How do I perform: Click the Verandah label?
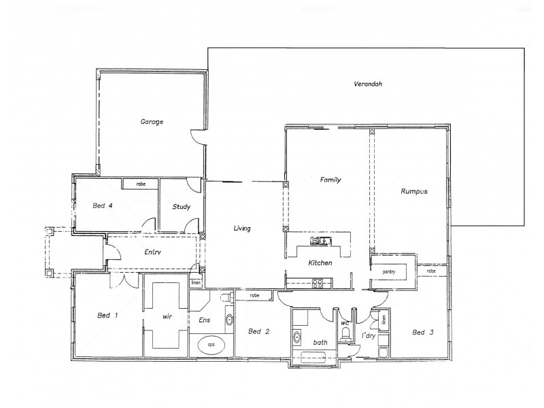[x=368, y=84]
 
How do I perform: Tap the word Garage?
[x=152, y=122]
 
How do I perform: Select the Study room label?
[x=181, y=207]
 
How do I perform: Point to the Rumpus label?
[x=414, y=192]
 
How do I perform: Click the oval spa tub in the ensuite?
[x=211, y=345]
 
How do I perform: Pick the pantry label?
[x=389, y=271]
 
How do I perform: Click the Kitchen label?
[x=320, y=262]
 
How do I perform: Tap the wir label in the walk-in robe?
[x=165, y=316]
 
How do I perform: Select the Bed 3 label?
[x=422, y=333]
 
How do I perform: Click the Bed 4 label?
[x=103, y=205]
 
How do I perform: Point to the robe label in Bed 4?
[x=141, y=184]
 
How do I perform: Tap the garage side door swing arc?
[x=196, y=139]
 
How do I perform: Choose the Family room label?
[x=330, y=180]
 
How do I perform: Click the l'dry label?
[x=369, y=337]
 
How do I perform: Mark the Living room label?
[x=242, y=228]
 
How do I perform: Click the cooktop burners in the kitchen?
[x=317, y=284]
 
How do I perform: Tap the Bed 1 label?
[x=107, y=316]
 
